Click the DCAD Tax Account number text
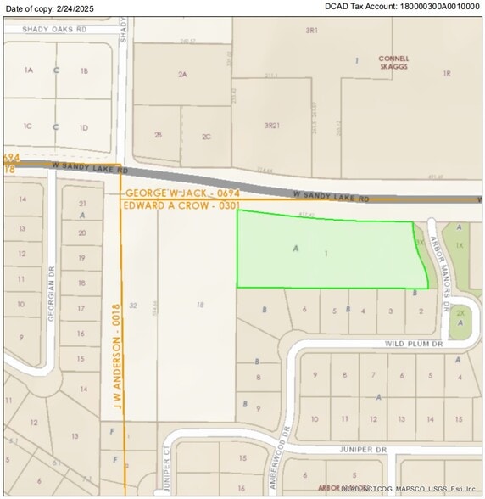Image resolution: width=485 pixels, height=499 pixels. point(402,7)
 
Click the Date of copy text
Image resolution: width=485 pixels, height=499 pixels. point(47,8)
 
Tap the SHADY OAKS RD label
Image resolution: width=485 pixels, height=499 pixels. point(56,28)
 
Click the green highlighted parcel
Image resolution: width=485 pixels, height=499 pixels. point(331,250)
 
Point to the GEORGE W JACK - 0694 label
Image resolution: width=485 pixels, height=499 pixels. point(182,194)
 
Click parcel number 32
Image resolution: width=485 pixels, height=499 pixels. point(133,305)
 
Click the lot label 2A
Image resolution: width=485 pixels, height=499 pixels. point(181,75)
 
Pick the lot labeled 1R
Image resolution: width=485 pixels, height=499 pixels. point(446,74)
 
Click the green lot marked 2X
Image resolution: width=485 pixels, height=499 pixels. point(460,313)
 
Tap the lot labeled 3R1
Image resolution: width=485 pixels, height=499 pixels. point(311,30)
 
